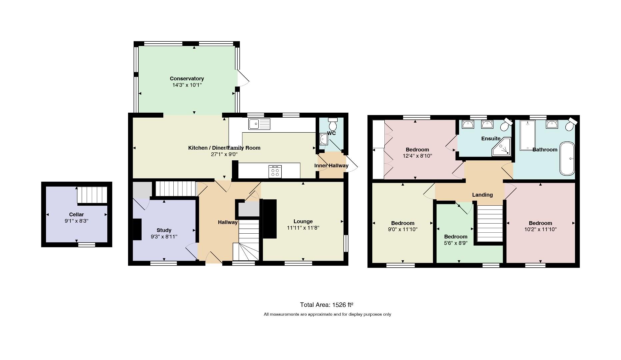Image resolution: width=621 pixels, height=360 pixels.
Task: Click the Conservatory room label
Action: point(187,79)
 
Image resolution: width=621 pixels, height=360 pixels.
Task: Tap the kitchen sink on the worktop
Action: point(259,124)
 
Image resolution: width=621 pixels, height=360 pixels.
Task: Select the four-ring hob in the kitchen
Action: point(275,172)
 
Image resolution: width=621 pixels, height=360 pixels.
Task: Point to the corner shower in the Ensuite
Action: point(501,147)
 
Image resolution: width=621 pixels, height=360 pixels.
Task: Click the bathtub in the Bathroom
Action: point(567,159)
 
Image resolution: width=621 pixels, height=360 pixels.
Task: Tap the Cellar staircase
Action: point(92,195)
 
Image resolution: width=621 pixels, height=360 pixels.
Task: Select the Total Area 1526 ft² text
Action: point(327,305)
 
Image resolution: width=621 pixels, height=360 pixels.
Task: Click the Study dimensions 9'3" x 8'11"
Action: point(164,237)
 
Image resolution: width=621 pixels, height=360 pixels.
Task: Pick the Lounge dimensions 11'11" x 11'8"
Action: point(303,228)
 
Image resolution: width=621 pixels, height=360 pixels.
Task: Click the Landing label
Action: point(482,195)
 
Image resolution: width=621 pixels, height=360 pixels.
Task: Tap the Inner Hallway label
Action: point(331,166)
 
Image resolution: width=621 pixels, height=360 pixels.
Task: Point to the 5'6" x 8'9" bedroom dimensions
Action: point(456,243)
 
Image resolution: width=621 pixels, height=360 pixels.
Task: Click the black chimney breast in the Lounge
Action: point(270,219)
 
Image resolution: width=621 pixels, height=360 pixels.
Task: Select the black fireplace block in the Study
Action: point(137,229)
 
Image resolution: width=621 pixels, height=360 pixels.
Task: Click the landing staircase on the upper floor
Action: point(490,223)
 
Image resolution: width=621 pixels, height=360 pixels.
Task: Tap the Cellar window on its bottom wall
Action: point(87,245)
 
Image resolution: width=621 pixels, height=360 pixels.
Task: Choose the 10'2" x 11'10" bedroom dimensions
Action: point(540,229)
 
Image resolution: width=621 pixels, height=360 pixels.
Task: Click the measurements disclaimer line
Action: point(327,314)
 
